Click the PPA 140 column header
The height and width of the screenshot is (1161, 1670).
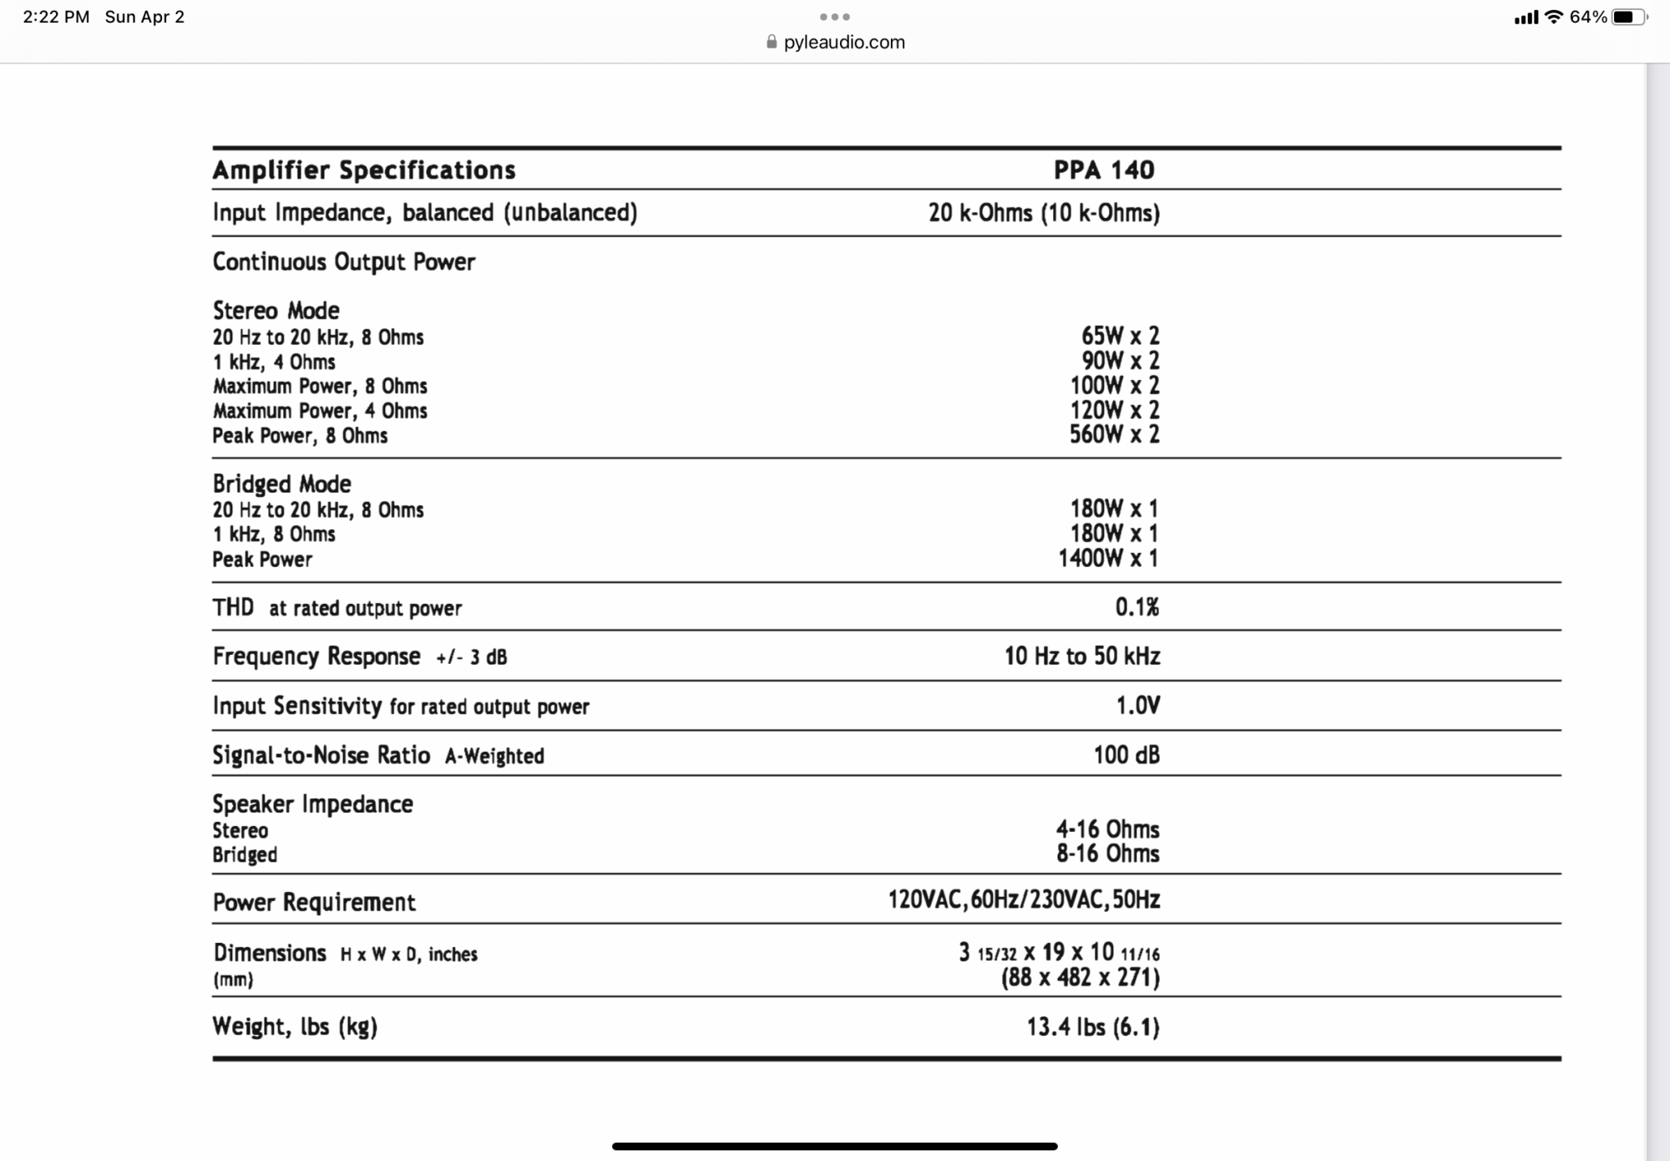[1103, 170]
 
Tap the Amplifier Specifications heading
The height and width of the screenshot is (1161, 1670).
[364, 170]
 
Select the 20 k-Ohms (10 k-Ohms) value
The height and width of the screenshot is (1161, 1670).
[1044, 213]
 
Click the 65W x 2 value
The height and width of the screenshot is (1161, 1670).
[1120, 336]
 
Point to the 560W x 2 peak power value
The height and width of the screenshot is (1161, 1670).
[1114, 434]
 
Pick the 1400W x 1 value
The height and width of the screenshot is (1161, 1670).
[1108, 558]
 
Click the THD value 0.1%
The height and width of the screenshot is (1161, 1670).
[1136, 607]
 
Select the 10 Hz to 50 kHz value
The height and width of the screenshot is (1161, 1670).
[1082, 656]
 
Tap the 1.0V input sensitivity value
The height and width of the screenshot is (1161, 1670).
[1137, 706]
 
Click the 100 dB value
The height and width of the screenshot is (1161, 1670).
[1126, 755]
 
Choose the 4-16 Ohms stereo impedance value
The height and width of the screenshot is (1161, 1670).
[1107, 829]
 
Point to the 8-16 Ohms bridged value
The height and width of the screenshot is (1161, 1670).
[1107, 854]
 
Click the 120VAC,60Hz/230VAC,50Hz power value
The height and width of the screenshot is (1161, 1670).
[1024, 900]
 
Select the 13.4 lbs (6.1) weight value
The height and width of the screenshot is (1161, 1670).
[1093, 1027]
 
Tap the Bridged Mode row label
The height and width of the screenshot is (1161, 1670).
[281, 484]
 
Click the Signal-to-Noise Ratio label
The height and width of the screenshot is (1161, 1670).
[321, 755]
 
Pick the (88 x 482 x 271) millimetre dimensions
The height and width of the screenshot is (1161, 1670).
[1080, 977]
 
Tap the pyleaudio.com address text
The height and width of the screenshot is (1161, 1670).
[843, 42]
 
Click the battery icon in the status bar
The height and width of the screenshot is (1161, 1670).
[1628, 17]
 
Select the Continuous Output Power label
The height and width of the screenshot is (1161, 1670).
[344, 261]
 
